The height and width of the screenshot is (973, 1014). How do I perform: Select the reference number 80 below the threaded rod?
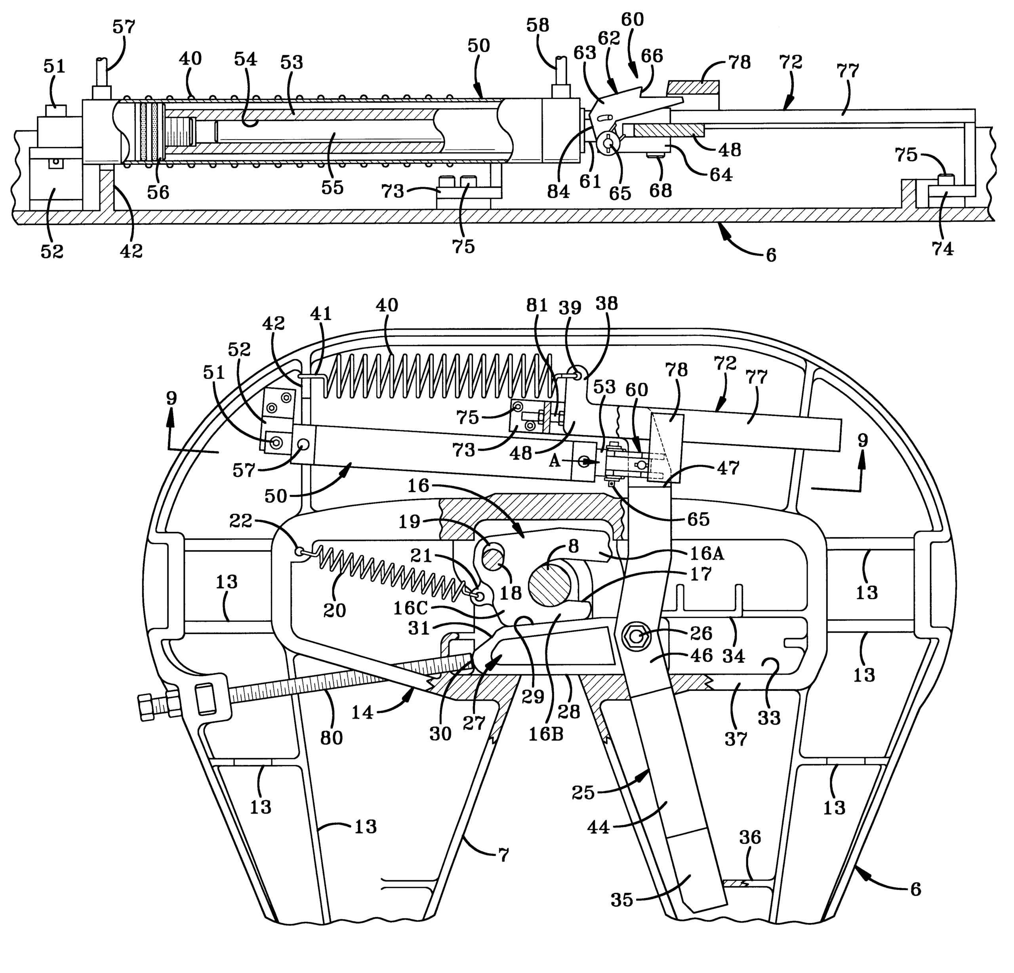(x=331, y=738)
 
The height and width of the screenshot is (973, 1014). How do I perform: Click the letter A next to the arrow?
(x=555, y=461)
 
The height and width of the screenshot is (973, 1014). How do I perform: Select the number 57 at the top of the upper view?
(x=124, y=27)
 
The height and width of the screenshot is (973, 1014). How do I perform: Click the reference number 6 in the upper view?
(x=770, y=255)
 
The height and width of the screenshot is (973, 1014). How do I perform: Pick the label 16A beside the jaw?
(x=706, y=554)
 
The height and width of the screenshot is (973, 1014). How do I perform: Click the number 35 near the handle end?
(x=621, y=900)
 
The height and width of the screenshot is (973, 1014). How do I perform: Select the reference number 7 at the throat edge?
(x=503, y=854)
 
